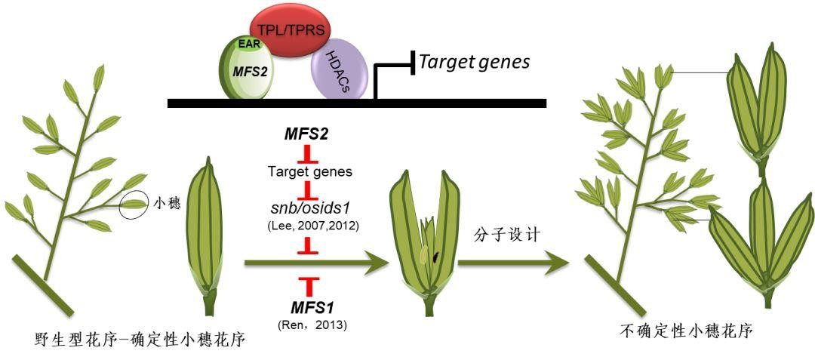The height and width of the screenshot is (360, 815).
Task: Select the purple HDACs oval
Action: (x=340, y=69)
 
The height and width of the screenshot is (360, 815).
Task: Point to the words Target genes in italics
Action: (x=475, y=62)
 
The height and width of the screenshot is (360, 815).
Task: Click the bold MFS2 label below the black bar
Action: (x=309, y=134)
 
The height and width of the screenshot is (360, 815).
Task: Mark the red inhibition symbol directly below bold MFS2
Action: (x=309, y=155)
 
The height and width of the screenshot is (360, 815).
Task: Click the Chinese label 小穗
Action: (x=167, y=203)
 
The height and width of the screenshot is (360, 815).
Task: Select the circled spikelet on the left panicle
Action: (x=134, y=203)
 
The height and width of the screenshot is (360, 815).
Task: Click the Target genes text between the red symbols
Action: (x=309, y=172)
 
